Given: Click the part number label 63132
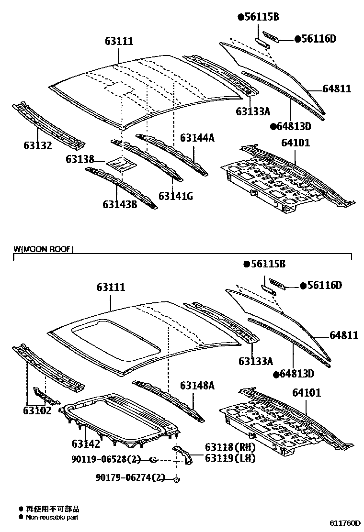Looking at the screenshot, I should (38, 145).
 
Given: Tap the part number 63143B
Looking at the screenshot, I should (119, 204).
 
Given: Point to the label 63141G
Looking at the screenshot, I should (175, 196).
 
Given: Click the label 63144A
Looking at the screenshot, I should (197, 138).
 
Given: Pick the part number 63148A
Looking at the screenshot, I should (197, 385).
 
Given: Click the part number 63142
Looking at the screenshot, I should (86, 443).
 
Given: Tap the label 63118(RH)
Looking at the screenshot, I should (230, 448).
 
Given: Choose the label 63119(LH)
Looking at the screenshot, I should (230, 458).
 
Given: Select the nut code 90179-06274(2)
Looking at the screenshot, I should (130, 478).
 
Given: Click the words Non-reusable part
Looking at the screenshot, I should (52, 517).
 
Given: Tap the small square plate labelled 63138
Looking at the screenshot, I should (120, 164).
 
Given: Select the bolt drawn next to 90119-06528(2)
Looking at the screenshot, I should (153, 460).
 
